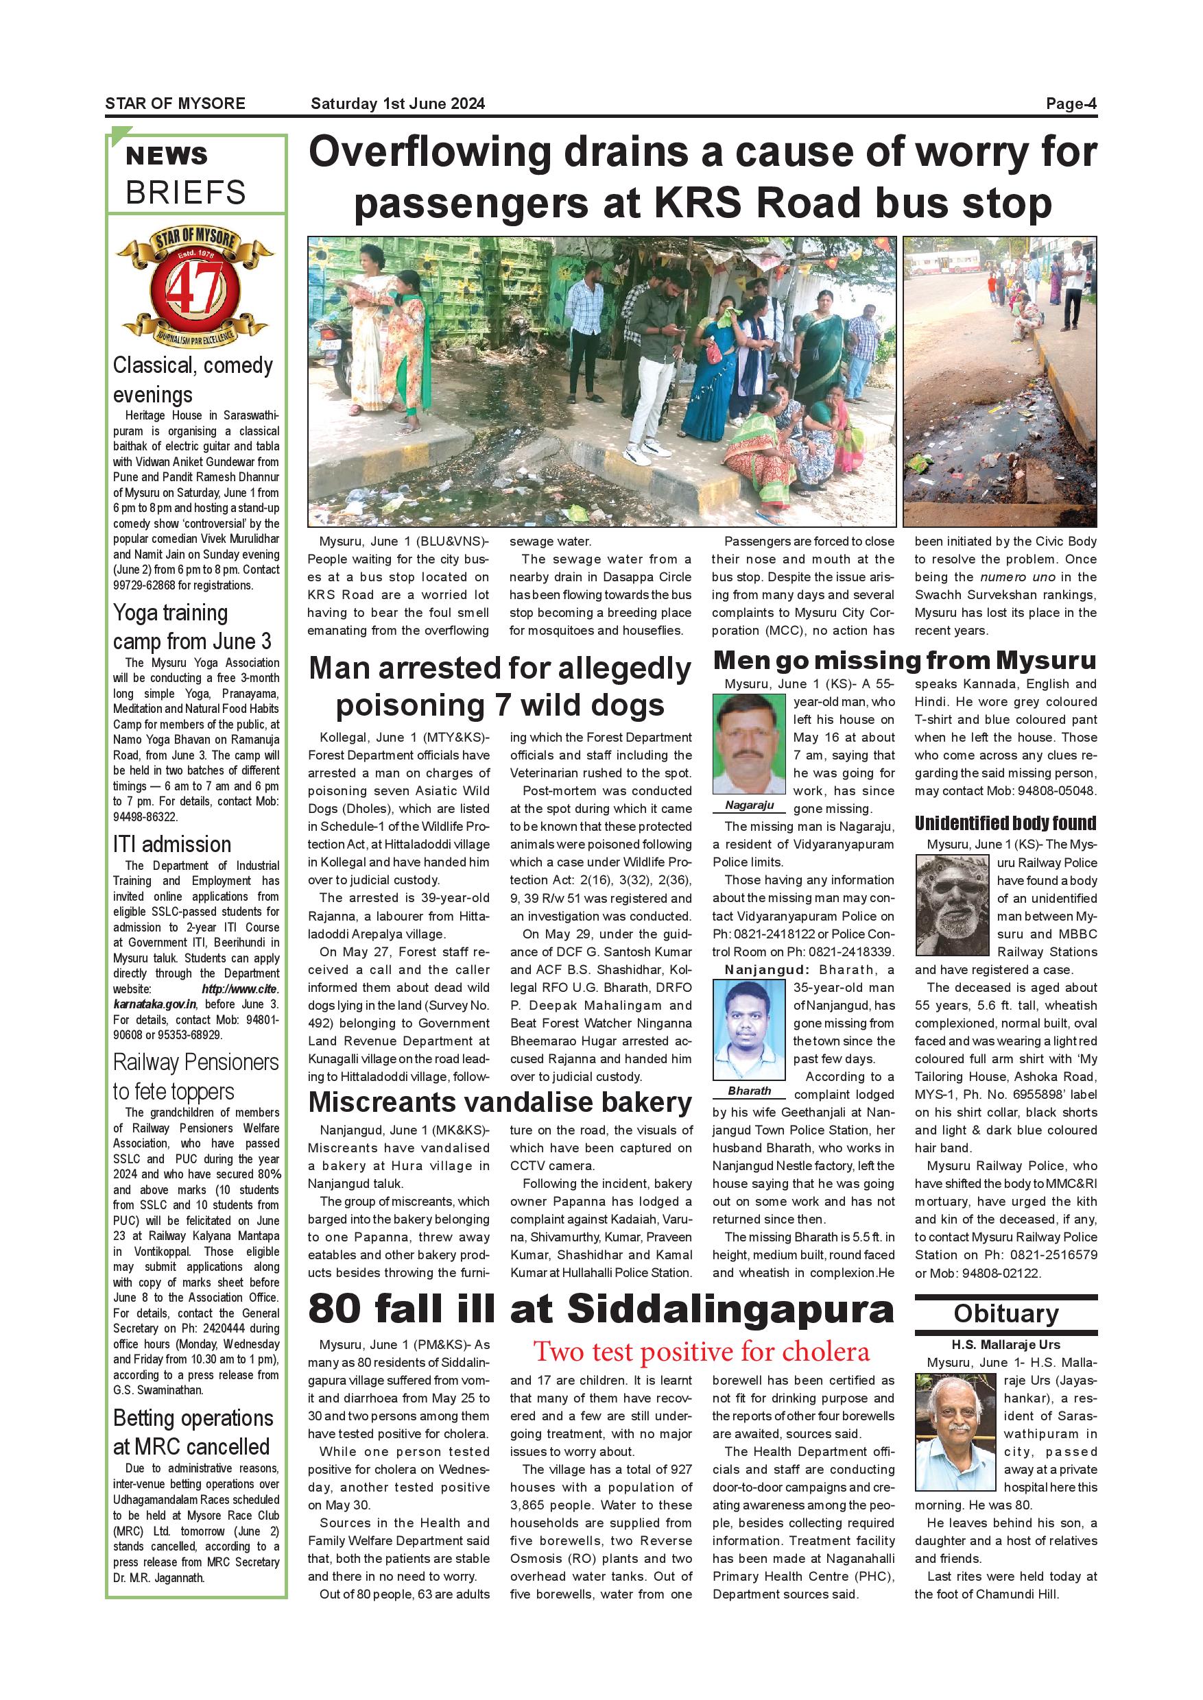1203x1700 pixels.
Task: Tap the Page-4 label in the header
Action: tap(1071, 104)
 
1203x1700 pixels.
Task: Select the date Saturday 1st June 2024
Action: tap(398, 104)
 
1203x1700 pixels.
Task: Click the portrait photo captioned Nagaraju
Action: tap(748, 744)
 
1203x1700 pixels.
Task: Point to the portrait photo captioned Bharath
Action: tap(748, 1029)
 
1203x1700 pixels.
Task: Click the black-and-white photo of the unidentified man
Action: tap(952, 905)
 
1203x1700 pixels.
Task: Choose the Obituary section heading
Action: tap(1005, 1314)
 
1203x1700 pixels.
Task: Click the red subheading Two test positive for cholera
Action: tap(701, 1351)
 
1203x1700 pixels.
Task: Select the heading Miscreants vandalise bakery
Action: tap(499, 1102)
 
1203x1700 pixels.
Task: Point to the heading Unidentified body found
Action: tap(1005, 823)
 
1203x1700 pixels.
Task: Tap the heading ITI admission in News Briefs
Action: tap(172, 844)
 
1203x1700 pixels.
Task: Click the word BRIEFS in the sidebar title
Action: tap(185, 193)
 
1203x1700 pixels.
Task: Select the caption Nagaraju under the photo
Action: tap(749, 805)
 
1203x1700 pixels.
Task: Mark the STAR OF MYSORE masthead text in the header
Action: tap(175, 104)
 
